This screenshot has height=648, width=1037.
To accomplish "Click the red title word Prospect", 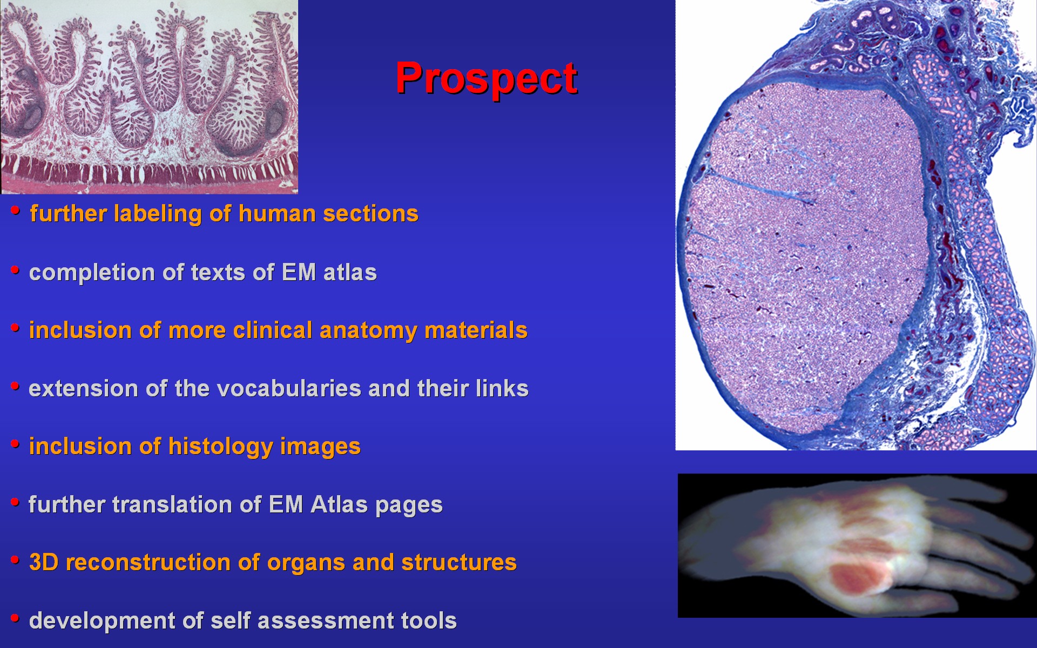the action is (x=487, y=79).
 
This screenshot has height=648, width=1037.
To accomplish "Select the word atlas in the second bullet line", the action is (x=350, y=272).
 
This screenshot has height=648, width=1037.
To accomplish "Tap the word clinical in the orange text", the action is (x=273, y=330).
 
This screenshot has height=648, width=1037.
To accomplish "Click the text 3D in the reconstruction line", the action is (x=43, y=562).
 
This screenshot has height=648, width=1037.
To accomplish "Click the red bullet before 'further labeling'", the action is (x=15, y=210).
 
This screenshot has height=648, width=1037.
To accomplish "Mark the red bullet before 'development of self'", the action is (x=15, y=617).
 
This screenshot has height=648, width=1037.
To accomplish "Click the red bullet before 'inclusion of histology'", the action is (x=15, y=443).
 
